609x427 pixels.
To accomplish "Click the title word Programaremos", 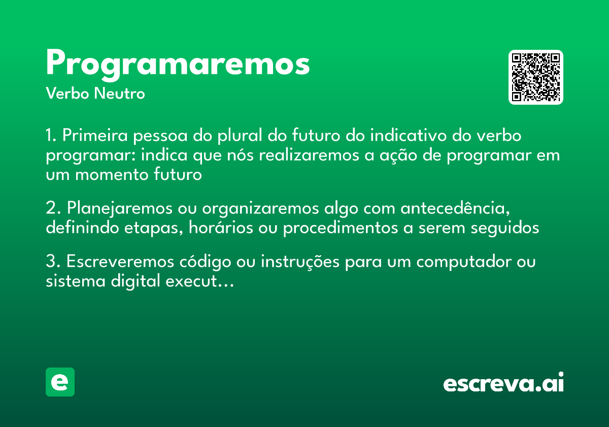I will [178, 65].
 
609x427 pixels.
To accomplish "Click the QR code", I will [535, 77].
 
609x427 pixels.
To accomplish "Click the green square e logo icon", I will [60, 382].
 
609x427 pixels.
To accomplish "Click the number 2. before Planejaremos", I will [53, 209].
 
